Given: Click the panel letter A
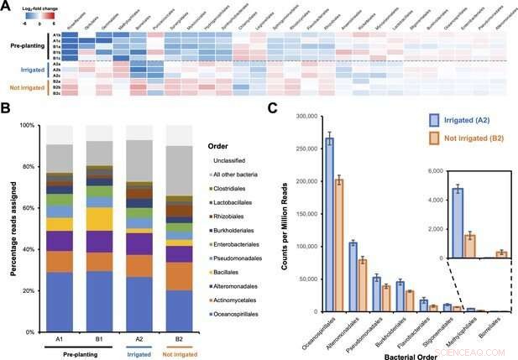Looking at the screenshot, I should pyautogui.click(x=7, y=7).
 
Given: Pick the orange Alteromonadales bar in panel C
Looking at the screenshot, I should pyautogui.click(x=363, y=284).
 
